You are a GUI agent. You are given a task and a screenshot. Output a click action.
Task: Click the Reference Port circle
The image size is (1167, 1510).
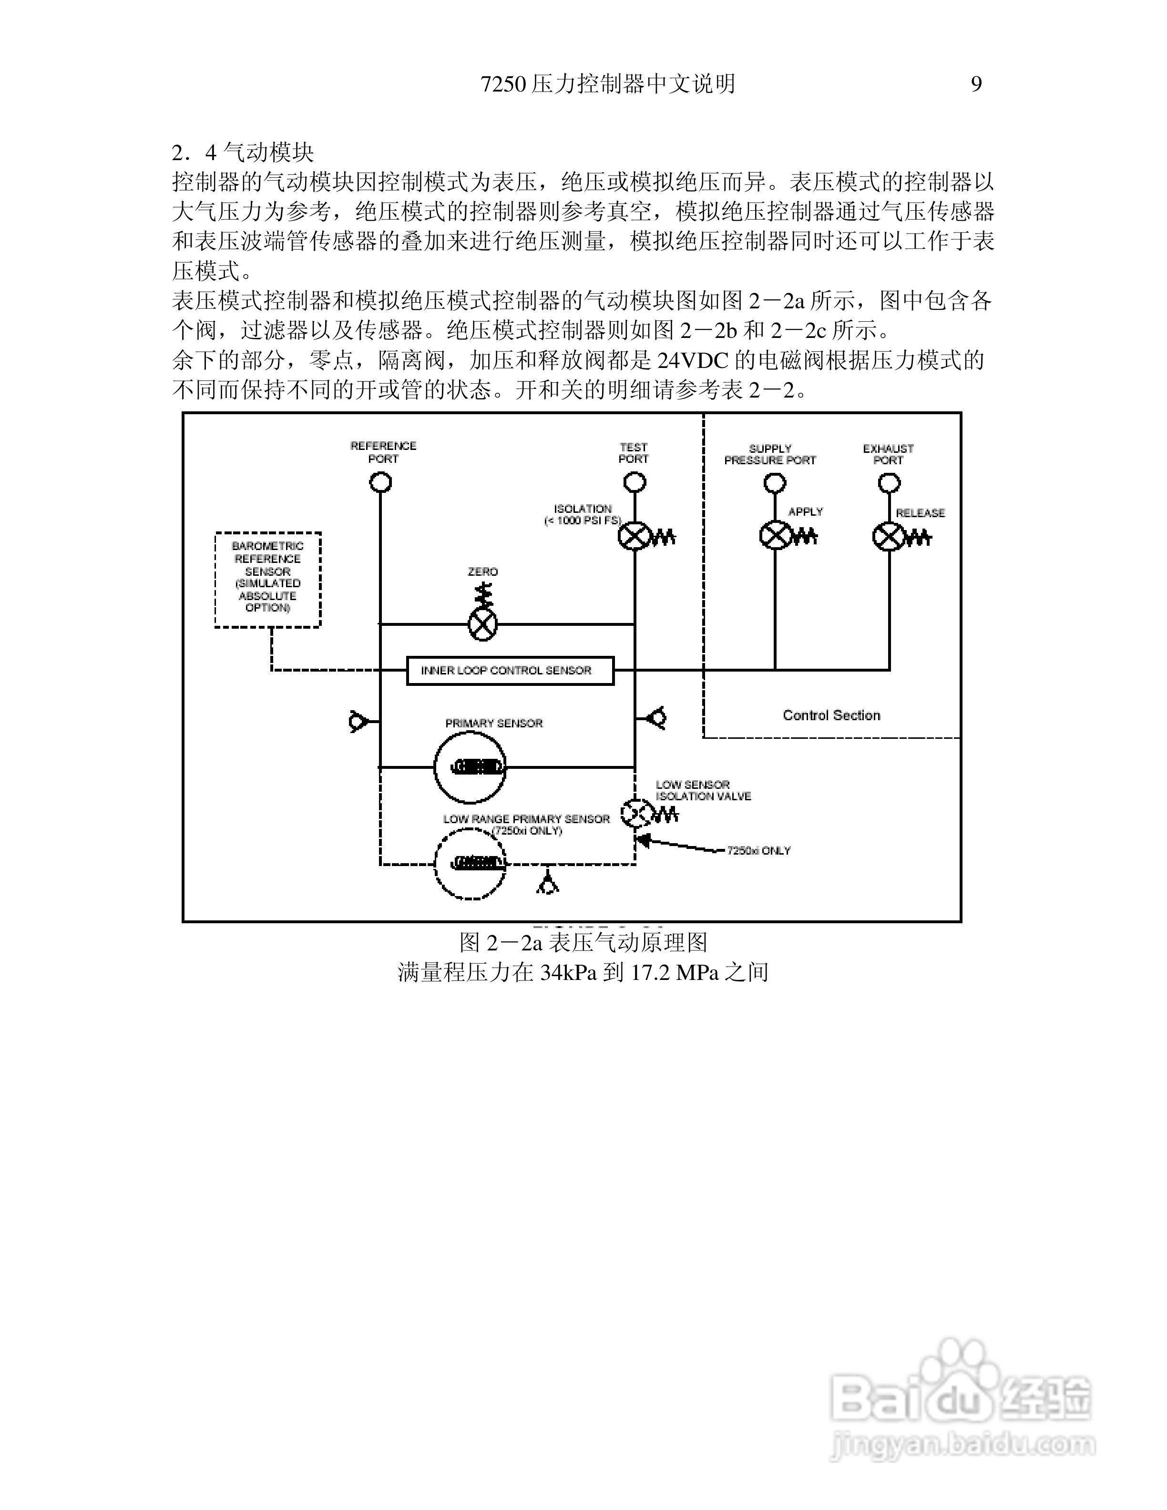tap(380, 482)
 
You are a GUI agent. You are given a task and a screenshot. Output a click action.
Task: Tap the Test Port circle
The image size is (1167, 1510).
tap(635, 482)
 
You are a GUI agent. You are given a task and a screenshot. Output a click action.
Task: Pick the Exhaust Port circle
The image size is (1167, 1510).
tap(889, 482)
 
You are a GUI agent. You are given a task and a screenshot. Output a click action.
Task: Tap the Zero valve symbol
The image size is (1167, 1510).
tap(482, 624)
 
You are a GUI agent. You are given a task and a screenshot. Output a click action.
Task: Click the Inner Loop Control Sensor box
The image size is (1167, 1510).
tap(510, 670)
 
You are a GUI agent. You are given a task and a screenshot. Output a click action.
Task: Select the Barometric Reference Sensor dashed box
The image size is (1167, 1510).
tap(267, 580)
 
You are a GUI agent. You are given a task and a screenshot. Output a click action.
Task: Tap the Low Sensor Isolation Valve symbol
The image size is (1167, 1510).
tap(635, 814)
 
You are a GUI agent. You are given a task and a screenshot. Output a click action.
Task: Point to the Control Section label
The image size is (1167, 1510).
tap(831, 715)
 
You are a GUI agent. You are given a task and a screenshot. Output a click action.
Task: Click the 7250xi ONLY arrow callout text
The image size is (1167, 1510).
tap(758, 850)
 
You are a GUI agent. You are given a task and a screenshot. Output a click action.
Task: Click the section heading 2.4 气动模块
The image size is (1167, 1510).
tap(243, 152)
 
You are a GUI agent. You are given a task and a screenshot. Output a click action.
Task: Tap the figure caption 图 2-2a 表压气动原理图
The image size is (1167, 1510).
tap(583, 942)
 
